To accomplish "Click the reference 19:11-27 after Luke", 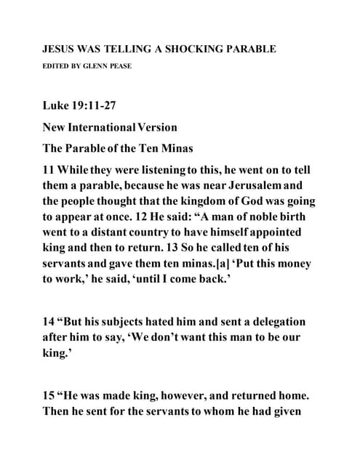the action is click(x=97, y=106).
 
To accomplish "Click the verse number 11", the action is click(x=51, y=170).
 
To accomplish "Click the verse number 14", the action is click(x=51, y=320).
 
